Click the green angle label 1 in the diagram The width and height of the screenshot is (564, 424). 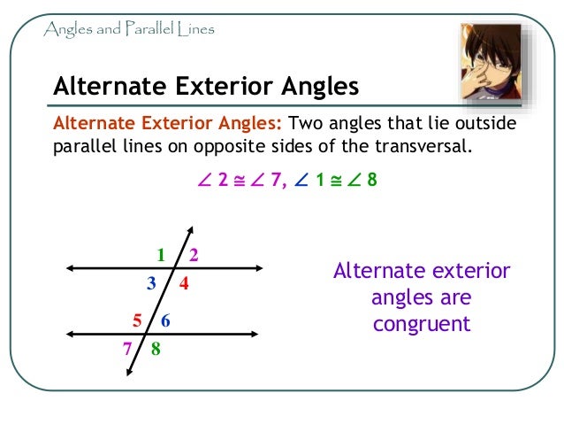[162, 256]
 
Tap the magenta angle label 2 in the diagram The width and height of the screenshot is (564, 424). [193, 256]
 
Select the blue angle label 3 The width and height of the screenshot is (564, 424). [152, 283]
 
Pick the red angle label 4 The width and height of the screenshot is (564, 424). [184, 284]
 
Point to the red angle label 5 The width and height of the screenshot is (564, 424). [137, 320]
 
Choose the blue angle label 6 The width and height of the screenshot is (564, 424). [165, 320]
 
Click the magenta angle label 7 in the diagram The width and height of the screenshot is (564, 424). [126, 348]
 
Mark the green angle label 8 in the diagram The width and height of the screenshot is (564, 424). [156, 349]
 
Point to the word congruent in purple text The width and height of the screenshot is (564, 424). [422, 324]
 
